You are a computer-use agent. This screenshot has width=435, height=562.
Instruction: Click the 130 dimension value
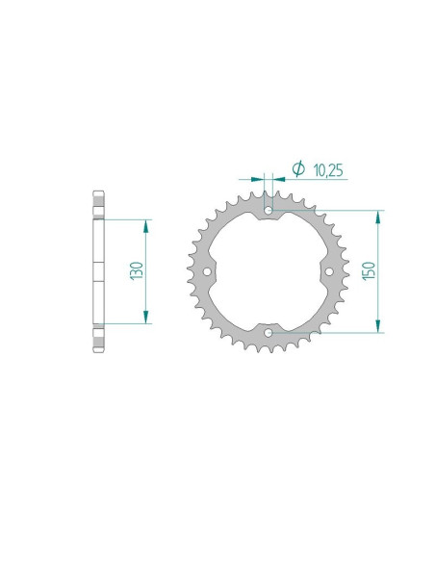(x=138, y=271)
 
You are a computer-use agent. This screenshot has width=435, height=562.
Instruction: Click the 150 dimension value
(x=369, y=272)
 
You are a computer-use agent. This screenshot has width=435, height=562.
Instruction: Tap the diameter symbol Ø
(x=297, y=169)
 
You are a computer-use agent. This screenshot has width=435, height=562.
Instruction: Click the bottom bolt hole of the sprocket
(x=268, y=334)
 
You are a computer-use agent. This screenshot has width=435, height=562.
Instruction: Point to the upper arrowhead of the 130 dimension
(x=146, y=224)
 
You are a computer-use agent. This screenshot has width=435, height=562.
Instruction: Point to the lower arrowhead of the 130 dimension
(x=146, y=319)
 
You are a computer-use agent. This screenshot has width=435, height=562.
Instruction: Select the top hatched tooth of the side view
(x=96, y=206)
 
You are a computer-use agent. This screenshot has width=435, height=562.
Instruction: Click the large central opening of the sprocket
(x=268, y=271)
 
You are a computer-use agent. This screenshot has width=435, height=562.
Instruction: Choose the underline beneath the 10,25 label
(x=318, y=179)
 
